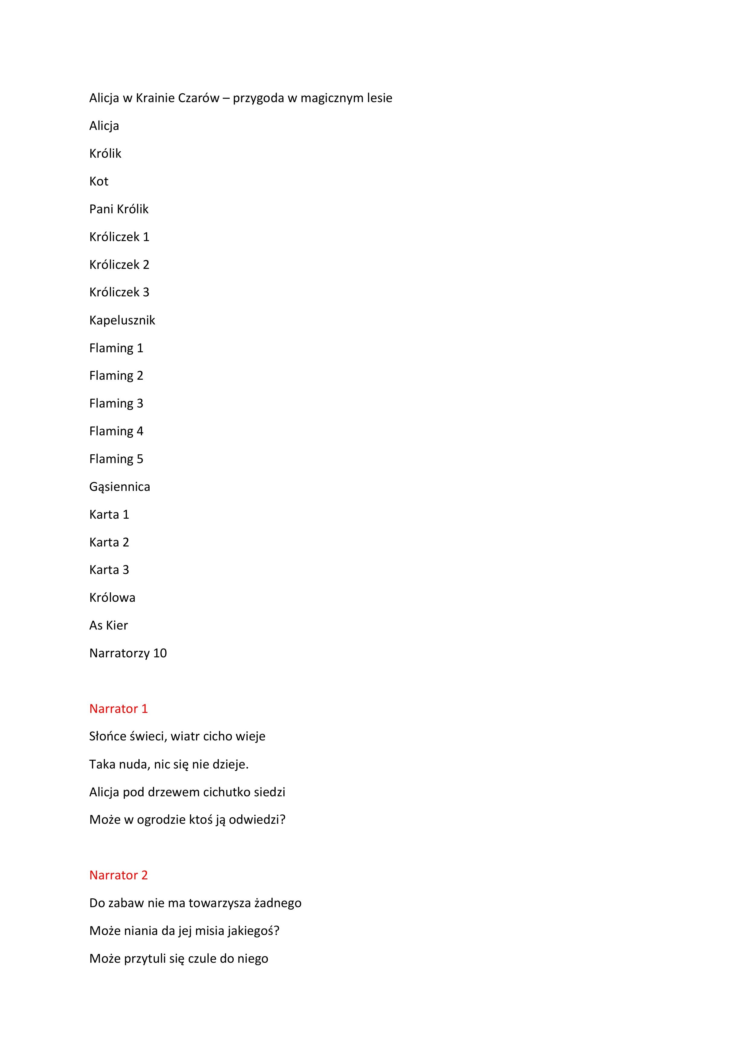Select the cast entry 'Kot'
pos(99,182)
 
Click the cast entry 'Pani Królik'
pos(119,209)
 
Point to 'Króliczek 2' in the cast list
pos(119,265)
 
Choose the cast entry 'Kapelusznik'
pos(122,321)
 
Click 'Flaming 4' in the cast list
pos(116,431)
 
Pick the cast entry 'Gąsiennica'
pos(120,487)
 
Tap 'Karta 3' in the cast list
pos(109,570)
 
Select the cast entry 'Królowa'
pos(112,598)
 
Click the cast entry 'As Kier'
pos(109,626)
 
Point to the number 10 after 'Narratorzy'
pos(160,653)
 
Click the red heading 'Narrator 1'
pos(118,709)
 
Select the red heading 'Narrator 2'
pos(118,875)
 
